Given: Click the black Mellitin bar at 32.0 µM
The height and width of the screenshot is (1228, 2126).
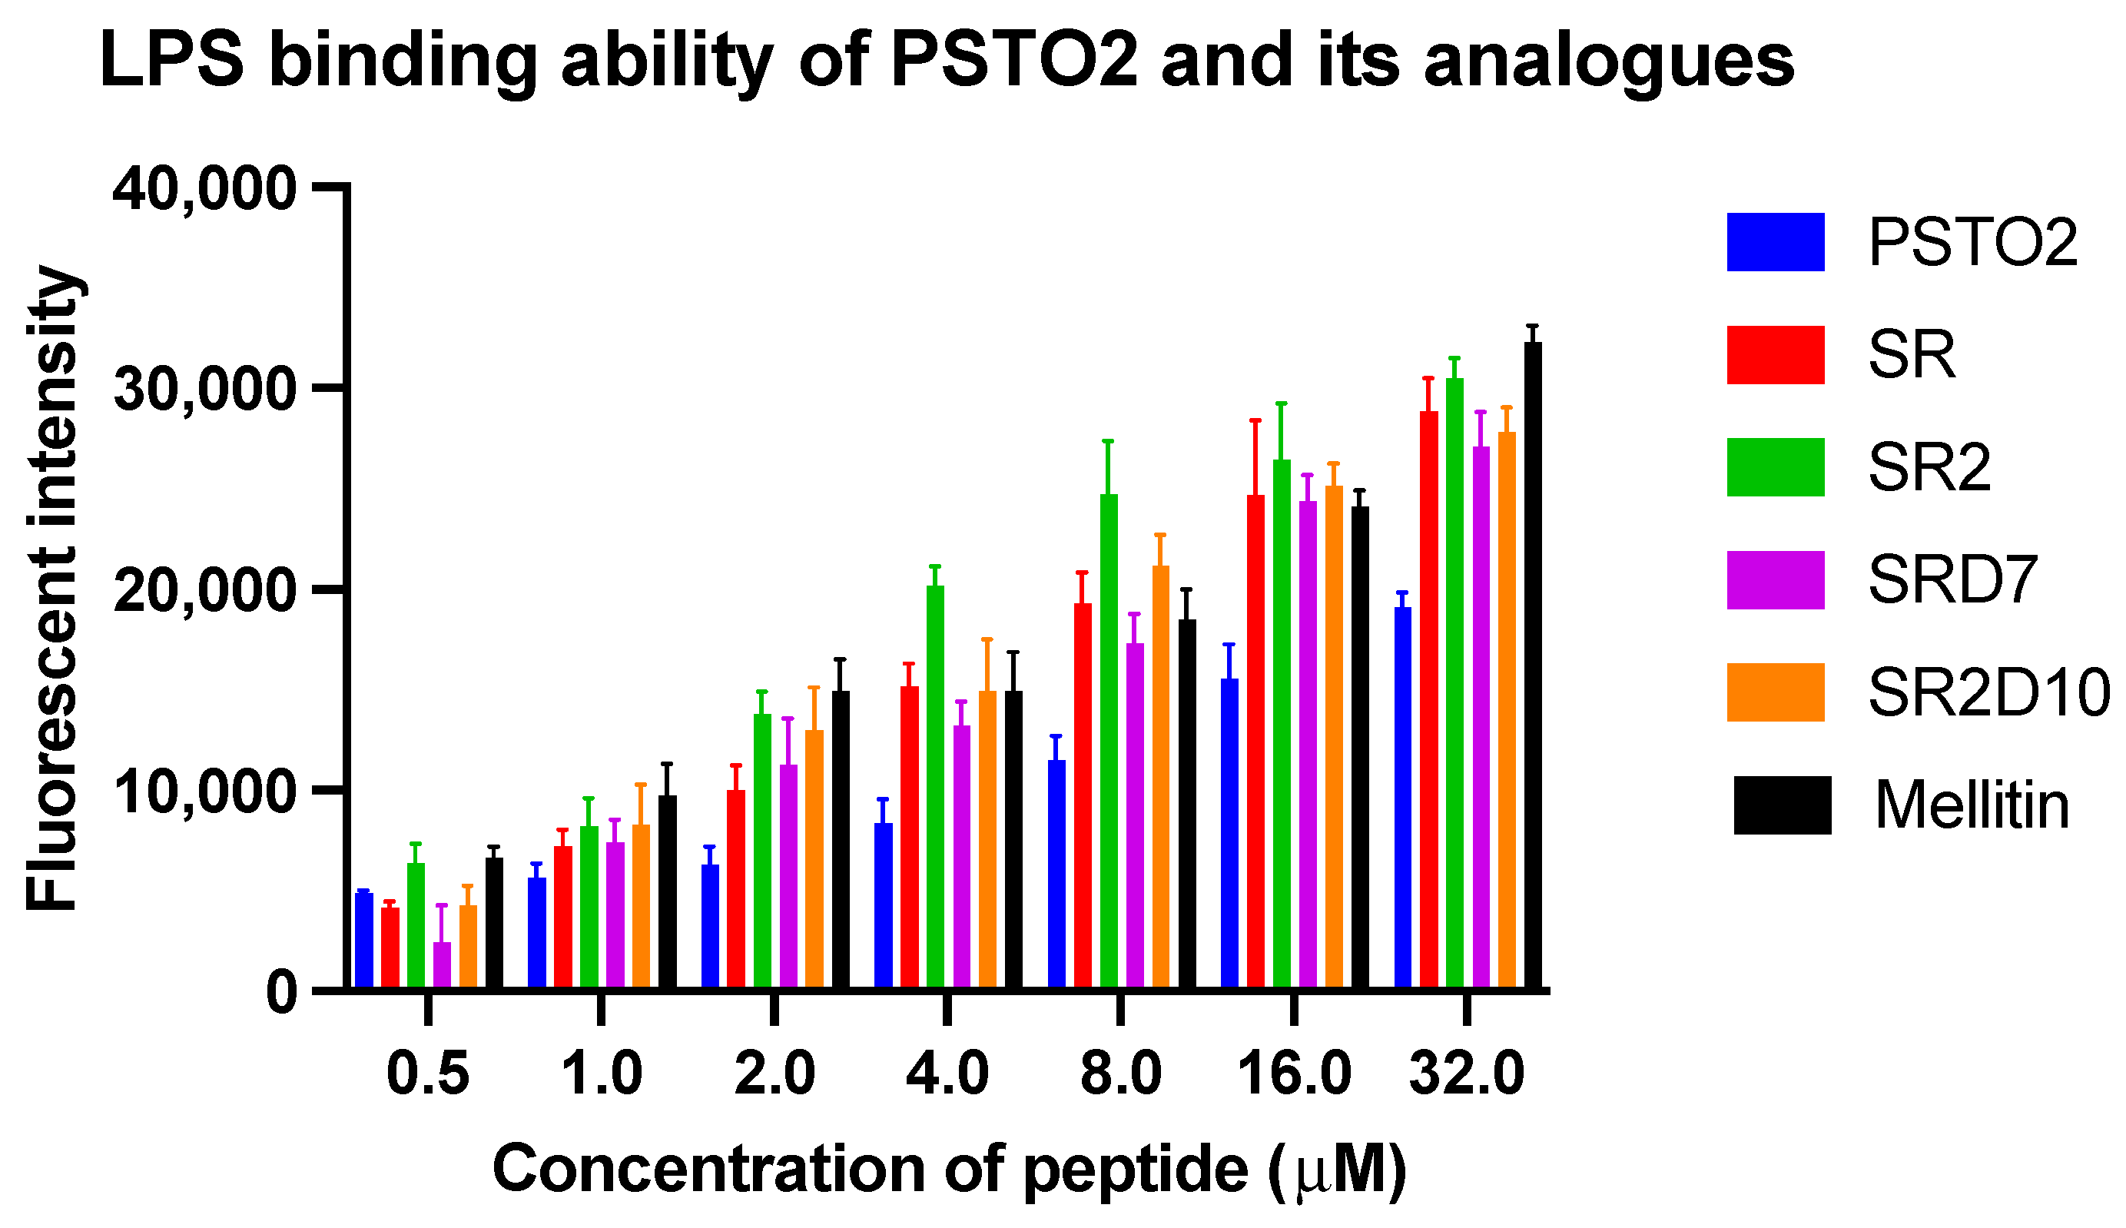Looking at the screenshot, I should tap(1532, 666).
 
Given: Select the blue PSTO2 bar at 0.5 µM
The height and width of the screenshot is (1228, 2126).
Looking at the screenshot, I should tap(363, 941).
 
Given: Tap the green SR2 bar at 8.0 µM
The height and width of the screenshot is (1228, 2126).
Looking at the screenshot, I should tap(1108, 742).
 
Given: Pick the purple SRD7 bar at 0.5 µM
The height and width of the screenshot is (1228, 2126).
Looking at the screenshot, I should tap(442, 965).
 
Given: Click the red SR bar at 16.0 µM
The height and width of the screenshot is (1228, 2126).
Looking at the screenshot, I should tap(1255, 742).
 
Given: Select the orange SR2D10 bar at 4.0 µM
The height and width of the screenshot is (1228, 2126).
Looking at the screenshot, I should tap(987, 839).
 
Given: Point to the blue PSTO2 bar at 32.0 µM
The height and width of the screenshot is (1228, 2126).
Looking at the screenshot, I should tap(1402, 797).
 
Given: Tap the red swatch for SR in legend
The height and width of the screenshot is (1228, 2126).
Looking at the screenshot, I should tap(1775, 355).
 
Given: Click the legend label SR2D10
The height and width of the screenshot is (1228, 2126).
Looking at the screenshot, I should tap(1988, 692).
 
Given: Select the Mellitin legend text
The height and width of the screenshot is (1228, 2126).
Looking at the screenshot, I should tap(1972, 805).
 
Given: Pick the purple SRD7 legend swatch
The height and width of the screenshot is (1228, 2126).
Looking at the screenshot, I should tap(1775, 580).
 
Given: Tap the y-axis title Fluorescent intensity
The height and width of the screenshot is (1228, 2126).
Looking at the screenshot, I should tap(52, 589).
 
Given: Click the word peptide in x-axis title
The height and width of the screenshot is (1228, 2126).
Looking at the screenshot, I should tap(1135, 1170).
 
